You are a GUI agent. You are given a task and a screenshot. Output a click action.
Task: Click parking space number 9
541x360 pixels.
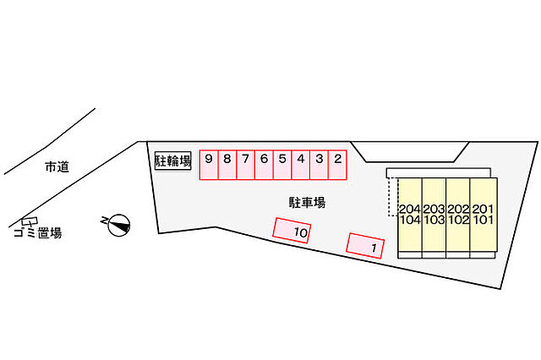coord(209,165)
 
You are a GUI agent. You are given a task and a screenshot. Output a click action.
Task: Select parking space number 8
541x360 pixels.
coord(227,165)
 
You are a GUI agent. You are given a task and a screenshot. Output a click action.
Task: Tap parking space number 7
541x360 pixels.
coord(246,165)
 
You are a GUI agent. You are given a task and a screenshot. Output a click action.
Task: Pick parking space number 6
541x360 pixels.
coord(264,165)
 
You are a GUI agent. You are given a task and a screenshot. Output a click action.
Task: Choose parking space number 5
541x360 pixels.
coord(282,165)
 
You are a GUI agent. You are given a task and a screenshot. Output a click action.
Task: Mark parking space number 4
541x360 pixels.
coord(301,165)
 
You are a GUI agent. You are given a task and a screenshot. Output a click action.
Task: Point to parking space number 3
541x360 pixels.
coord(320,165)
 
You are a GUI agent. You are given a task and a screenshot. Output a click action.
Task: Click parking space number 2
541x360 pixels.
coord(337,165)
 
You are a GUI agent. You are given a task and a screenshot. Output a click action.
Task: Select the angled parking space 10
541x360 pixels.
coord(292,231)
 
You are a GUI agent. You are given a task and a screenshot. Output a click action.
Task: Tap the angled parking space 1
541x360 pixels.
coord(365,246)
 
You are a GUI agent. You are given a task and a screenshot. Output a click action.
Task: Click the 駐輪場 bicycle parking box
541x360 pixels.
coord(172,161)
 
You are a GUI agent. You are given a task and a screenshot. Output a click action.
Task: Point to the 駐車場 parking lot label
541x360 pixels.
coord(307,203)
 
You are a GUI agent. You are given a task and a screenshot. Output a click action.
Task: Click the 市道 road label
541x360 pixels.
coord(57,166)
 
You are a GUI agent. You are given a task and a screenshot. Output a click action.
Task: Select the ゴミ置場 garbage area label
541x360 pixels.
coord(38,233)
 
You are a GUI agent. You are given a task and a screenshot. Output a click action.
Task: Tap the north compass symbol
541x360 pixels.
coord(118,226)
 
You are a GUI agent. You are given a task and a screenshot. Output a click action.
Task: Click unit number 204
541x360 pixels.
coord(410,209)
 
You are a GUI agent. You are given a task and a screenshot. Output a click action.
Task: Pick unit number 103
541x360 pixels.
coord(434,220)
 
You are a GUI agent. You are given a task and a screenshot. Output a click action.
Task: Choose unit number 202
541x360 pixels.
coord(458,209)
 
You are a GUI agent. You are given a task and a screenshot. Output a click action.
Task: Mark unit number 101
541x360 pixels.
coord(483,220)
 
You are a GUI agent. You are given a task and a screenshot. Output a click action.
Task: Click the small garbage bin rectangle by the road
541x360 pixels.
coord(30,221)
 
